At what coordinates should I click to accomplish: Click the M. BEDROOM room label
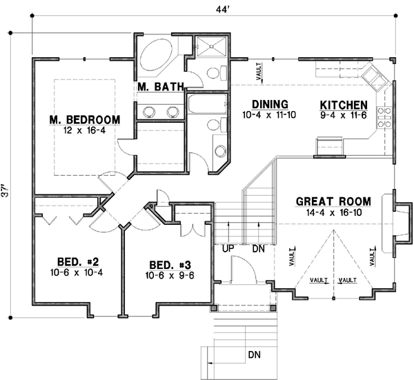(84, 119)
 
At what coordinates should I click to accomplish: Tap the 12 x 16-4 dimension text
(84, 130)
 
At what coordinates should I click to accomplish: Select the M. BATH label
(159, 87)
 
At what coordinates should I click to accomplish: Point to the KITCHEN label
(343, 104)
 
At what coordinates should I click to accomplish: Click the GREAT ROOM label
(333, 202)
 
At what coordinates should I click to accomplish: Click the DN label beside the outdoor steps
(254, 355)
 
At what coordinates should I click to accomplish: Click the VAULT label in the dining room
(259, 74)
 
